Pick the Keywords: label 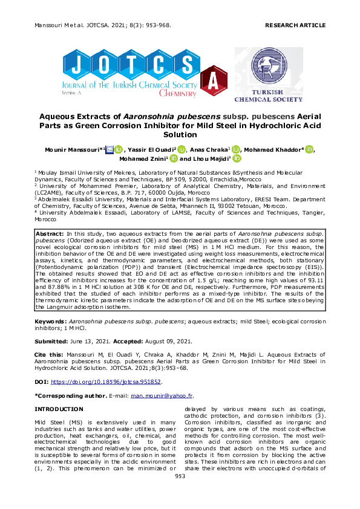[51, 321]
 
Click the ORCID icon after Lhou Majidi [237, 159]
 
